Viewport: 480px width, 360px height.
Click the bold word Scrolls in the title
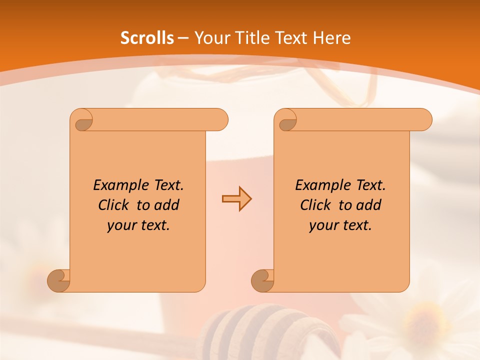pos(147,38)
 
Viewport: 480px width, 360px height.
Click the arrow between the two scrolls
pos(236,199)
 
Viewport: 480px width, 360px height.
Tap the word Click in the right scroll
pos(315,205)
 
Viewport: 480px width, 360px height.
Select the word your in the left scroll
pos(121,225)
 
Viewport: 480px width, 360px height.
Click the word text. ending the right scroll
pos(355,225)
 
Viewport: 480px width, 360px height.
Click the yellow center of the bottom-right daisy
pos(422,320)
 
